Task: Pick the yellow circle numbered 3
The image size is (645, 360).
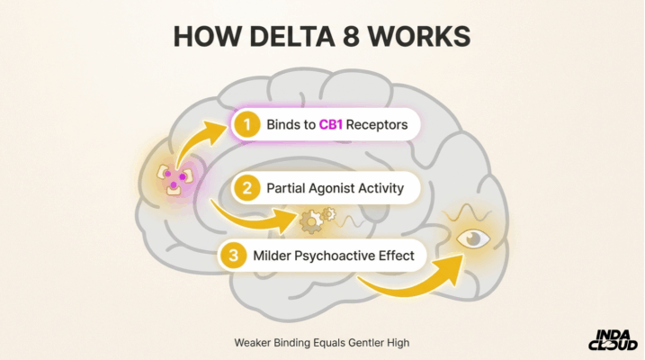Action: [234, 256]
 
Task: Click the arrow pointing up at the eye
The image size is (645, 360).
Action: [414, 279]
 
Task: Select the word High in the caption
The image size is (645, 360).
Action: [398, 342]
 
